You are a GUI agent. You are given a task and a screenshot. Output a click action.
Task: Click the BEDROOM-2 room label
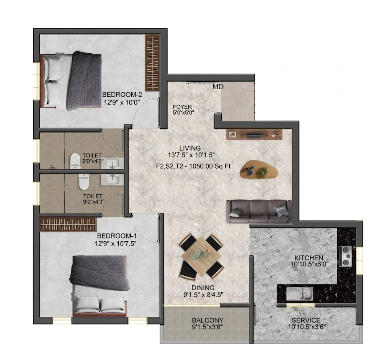point(122,95)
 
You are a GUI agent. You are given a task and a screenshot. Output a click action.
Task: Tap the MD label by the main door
point(218,87)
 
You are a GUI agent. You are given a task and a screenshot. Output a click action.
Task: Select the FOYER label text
point(182,107)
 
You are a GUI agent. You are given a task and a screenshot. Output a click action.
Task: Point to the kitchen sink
point(300,294)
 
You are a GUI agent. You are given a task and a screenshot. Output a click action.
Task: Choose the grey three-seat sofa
point(259,211)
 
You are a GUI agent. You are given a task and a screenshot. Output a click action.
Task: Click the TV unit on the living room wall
point(255,134)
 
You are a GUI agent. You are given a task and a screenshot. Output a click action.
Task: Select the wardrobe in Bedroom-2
point(152,62)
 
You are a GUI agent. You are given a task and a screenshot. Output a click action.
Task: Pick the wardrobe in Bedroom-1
point(68,224)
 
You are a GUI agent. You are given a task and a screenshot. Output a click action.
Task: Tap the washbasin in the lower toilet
point(112,180)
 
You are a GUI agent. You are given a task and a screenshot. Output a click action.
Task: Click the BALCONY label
point(207,320)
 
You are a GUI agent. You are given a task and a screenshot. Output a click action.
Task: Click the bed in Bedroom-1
point(99,286)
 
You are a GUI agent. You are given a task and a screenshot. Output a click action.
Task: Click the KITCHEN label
point(309,257)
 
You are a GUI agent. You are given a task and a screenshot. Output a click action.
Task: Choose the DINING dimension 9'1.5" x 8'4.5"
point(203,295)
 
